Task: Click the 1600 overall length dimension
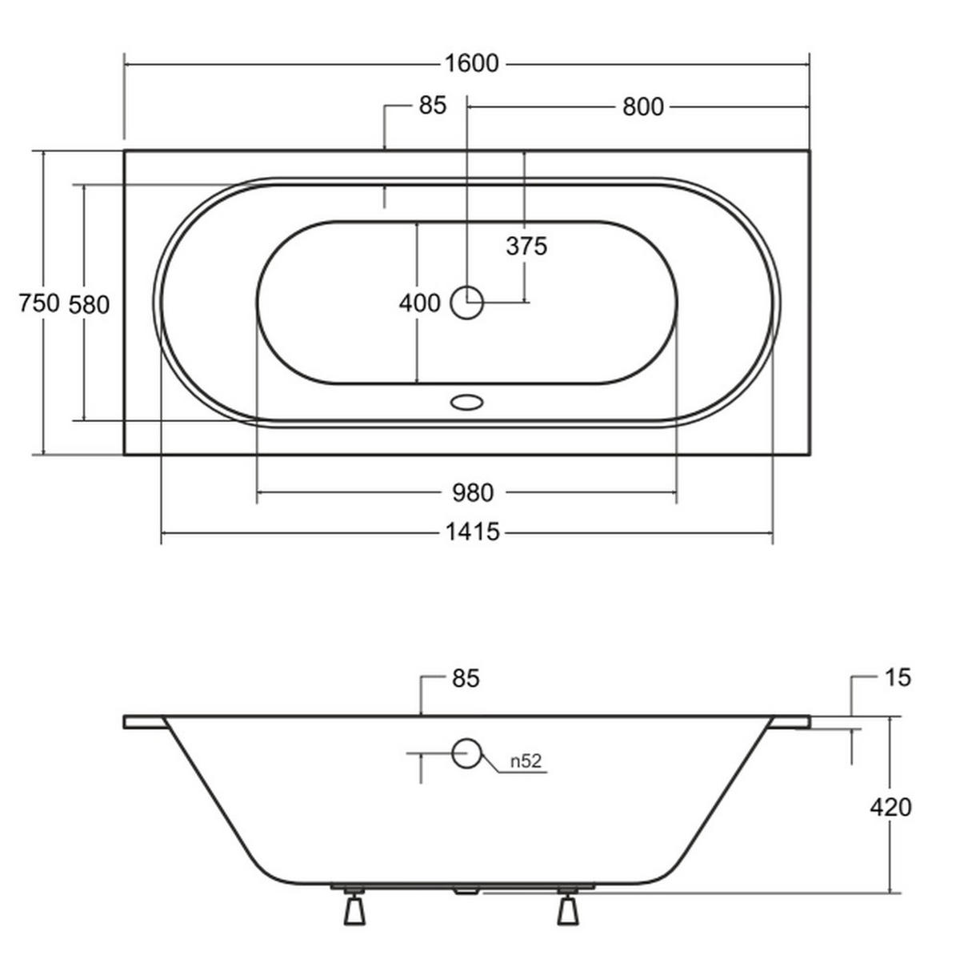(x=471, y=64)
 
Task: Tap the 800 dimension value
(x=642, y=107)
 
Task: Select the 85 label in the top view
(x=433, y=106)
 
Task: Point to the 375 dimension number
(x=526, y=247)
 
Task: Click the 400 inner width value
(x=419, y=303)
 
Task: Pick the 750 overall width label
(x=39, y=303)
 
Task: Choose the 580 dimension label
(x=89, y=305)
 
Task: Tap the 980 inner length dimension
(x=473, y=493)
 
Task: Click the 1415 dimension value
(x=472, y=532)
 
